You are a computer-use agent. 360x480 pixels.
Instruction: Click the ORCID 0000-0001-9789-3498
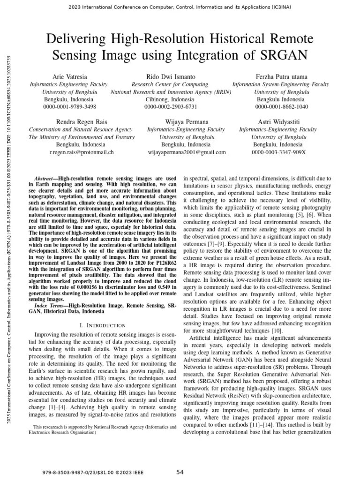tap(69, 107)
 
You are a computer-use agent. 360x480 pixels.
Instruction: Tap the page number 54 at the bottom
tap(180, 472)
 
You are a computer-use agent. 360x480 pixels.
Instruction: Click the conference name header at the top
tap(180, 7)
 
